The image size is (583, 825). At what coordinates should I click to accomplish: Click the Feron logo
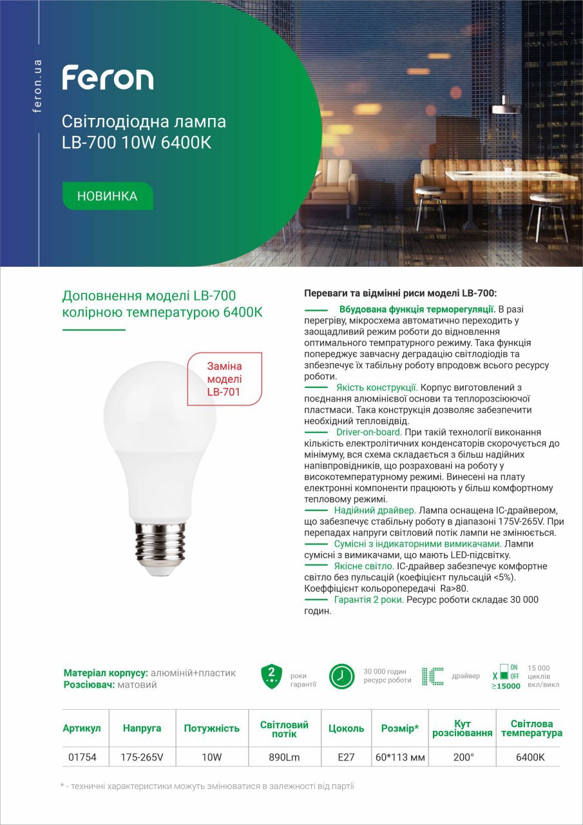click(x=108, y=78)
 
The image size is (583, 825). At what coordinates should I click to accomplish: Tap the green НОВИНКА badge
click(x=107, y=196)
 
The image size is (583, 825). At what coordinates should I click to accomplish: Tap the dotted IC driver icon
click(x=432, y=676)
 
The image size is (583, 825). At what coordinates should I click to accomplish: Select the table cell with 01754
click(x=82, y=757)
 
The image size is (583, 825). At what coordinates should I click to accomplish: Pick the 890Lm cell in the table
click(x=284, y=757)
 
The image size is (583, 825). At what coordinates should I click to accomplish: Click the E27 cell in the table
click(x=346, y=757)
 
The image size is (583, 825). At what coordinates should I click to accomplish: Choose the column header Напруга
click(x=142, y=728)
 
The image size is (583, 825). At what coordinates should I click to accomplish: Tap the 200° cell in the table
click(x=463, y=757)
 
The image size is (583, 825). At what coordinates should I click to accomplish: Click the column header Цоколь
click(x=346, y=728)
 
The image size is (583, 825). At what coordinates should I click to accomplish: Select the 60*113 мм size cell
click(x=400, y=757)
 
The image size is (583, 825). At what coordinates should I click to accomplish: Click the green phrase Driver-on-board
click(x=368, y=432)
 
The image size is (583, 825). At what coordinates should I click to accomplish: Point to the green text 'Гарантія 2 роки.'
click(x=369, y=599)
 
